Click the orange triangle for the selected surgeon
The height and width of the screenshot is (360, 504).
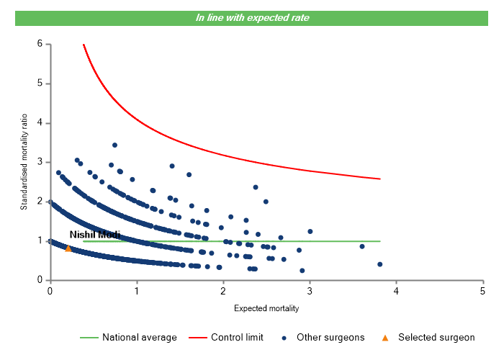point(68,248)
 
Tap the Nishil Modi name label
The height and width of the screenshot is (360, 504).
point(94,235)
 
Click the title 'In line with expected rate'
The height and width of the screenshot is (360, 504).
point(253,17)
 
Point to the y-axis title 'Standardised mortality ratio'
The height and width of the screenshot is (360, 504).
point(24,162)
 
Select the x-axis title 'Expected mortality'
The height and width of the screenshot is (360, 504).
point(266,308)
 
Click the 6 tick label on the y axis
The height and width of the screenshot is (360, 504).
point(40,44)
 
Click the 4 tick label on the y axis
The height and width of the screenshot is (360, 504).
point(40,123)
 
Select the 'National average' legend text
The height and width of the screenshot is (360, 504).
point(139,337)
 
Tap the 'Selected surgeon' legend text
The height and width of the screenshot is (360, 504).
point(436,337)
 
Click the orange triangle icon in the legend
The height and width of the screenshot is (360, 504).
point(385,337)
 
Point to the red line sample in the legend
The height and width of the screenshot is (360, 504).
point(197,337)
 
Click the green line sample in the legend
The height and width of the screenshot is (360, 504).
point(89,337)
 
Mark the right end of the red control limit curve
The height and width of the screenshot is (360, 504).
point(380,179)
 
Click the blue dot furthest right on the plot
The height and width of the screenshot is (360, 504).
point(379,264)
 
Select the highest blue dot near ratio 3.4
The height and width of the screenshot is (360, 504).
point(114,145)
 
